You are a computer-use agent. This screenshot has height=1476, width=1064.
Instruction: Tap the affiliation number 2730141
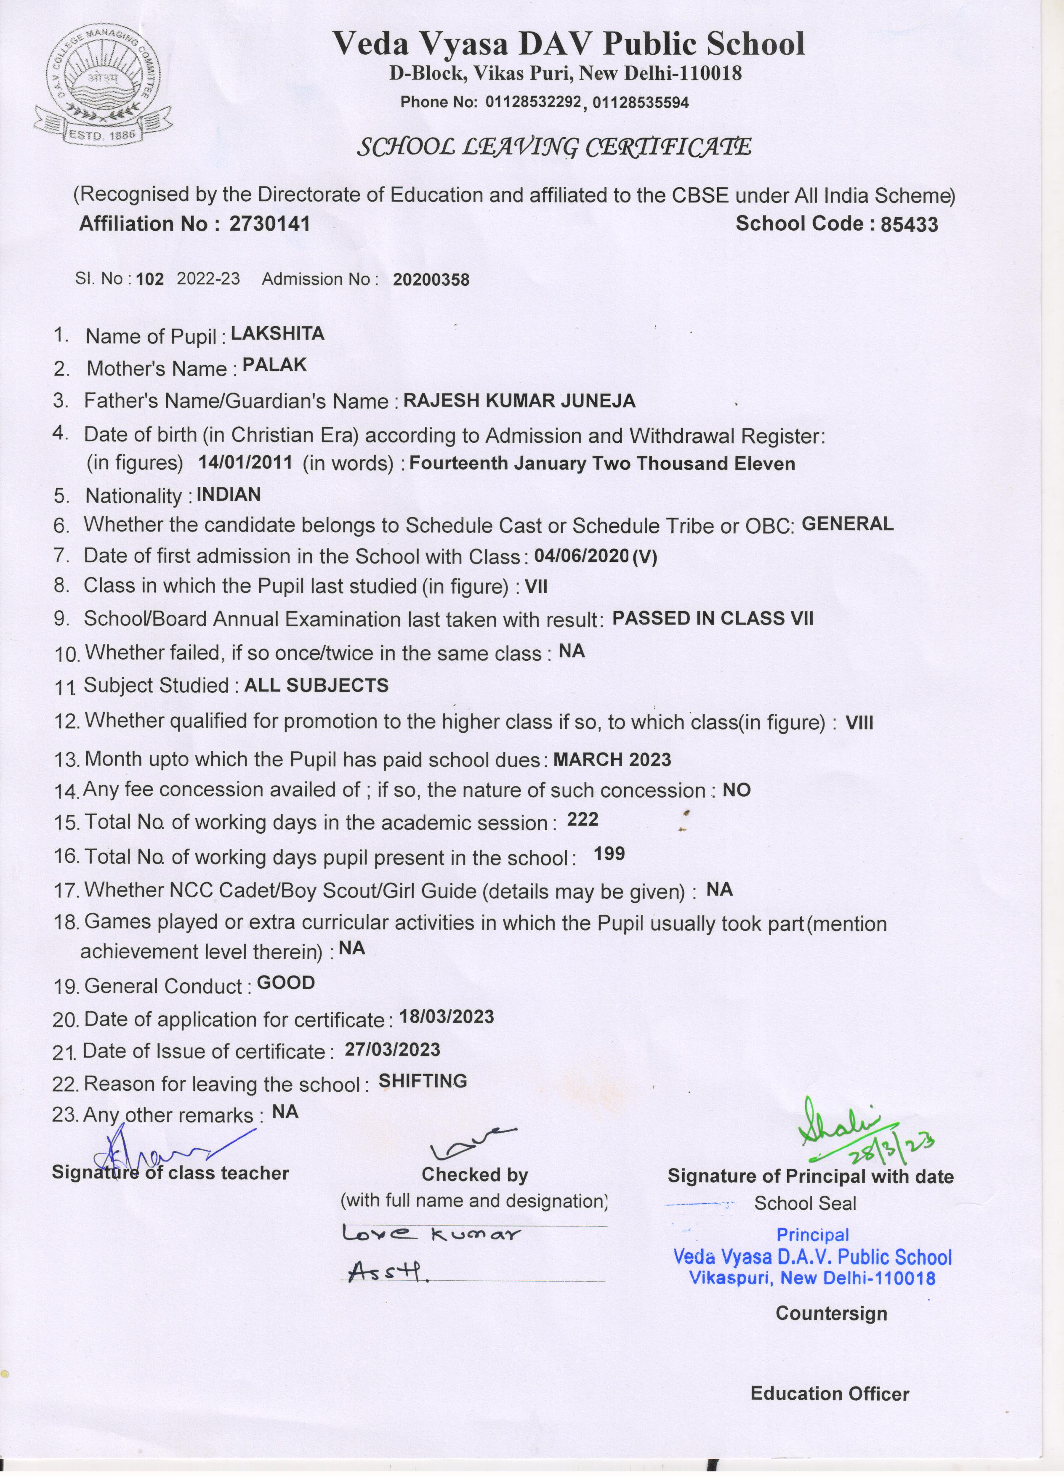(269, 224)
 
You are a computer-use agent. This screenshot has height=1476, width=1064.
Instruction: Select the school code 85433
(909, 224)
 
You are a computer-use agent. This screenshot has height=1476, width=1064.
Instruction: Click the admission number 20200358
(431, 280)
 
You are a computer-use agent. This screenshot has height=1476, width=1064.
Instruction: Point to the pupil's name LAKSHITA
(278, 334)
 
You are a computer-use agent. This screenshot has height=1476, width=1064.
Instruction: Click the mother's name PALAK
(274, 365)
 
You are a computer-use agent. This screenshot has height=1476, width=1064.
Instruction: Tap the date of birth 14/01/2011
(245, 462)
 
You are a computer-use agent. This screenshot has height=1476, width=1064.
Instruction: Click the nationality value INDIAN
(229, 495)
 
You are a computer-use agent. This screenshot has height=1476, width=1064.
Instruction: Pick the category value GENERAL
(847, 524)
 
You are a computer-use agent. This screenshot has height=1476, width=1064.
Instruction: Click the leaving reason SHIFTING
(423, 1081)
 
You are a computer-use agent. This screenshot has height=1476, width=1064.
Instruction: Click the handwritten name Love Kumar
(431, 1234)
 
